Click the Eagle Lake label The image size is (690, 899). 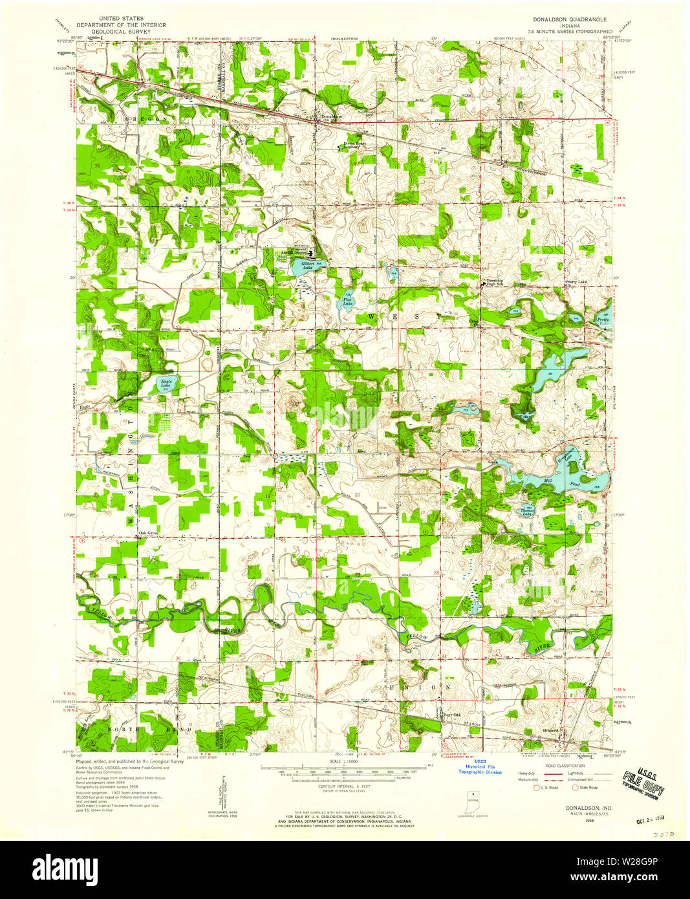[x=166, y=384]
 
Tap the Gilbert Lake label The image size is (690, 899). [x=307, y=265]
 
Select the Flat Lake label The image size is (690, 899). [x=347, y=301]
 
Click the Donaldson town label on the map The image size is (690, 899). [x=330, y=117]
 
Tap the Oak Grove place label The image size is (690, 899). [x=148, y=534]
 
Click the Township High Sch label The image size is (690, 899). [x=495, y=283]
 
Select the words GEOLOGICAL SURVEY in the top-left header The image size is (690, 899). [x=120, y=31]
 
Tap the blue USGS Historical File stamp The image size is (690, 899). [x=480, y=767]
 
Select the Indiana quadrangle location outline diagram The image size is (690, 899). [x=475, y=799]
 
